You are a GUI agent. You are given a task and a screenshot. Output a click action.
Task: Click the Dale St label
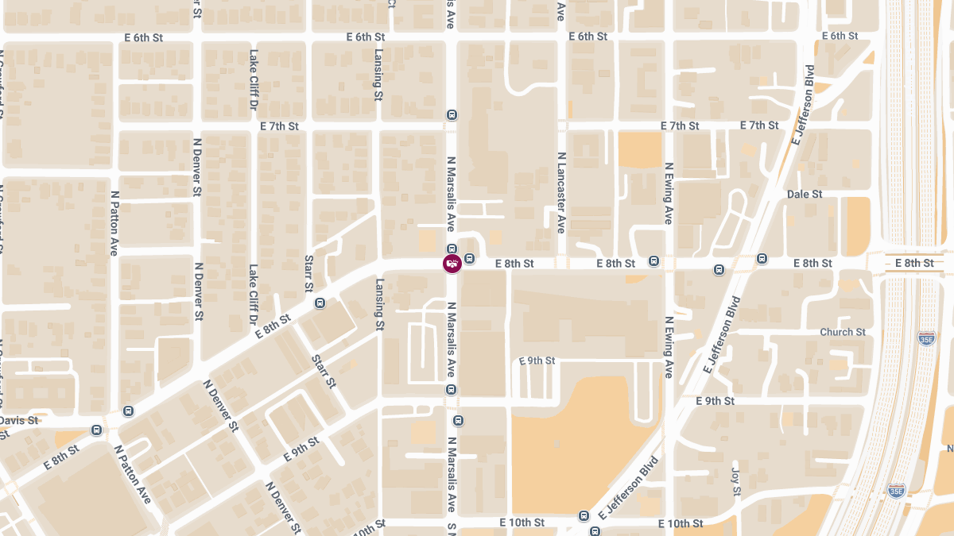coord(805,194)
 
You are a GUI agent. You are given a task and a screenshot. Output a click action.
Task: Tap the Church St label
coord(842,332)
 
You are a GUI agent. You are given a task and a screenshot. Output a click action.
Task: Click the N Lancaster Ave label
coord(560,193)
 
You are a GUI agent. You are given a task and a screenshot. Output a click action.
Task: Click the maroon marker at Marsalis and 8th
coord(452,263)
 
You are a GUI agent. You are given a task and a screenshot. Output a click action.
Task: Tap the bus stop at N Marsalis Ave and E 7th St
coord(452,114)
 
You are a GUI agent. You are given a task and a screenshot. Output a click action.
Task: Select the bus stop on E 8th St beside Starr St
coord(320,303)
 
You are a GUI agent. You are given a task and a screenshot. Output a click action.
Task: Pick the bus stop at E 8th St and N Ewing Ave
coord(654,260)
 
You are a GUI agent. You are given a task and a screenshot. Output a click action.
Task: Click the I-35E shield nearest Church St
coord(926,338)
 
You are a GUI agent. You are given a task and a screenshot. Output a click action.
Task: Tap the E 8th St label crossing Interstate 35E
coord(913,263)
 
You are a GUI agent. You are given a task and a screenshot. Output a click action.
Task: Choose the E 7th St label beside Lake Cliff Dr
coord(279,126)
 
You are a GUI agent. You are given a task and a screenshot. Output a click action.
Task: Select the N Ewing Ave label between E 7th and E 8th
coord(669,193)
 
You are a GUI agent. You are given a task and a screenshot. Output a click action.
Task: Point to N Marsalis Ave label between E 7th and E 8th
coord(451,193)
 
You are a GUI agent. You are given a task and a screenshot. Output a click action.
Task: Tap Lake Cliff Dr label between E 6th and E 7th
coord(253,79)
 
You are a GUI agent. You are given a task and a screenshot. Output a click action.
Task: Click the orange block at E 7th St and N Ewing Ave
coord(639,150)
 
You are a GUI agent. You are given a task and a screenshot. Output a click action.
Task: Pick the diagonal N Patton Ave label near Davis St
coord(132,474)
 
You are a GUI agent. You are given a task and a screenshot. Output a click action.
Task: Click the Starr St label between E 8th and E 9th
coord(324,371)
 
